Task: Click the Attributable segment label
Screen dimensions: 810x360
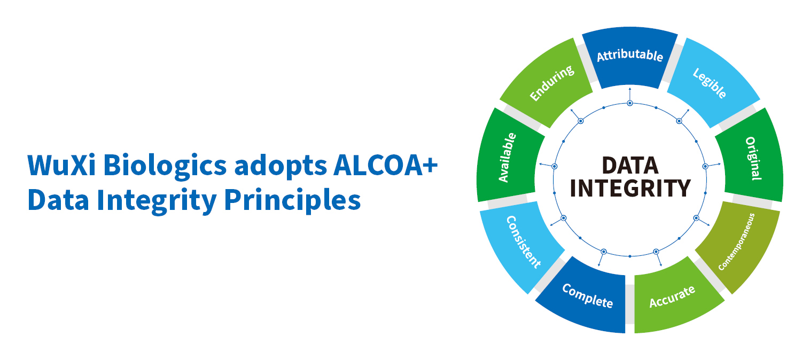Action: point(629,56)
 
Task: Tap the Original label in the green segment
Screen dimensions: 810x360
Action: point(753,158)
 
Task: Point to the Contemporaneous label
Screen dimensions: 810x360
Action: point(737,242)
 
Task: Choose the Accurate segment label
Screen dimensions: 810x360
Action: point(672,297)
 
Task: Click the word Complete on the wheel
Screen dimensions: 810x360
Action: point(588,296)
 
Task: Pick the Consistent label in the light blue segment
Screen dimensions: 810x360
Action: point(523,242)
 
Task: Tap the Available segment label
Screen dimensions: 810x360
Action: point(508,158)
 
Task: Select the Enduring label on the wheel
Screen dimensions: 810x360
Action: point(552,83)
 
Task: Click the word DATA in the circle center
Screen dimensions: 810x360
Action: point(630,166)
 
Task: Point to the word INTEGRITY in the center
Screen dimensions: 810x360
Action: point(630,188)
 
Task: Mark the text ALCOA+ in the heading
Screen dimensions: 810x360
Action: point(385,166)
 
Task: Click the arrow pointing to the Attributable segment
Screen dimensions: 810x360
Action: point(630,95)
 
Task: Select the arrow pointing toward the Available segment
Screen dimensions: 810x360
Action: point(547,165)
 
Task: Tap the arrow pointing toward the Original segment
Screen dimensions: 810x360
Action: point(713,165)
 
